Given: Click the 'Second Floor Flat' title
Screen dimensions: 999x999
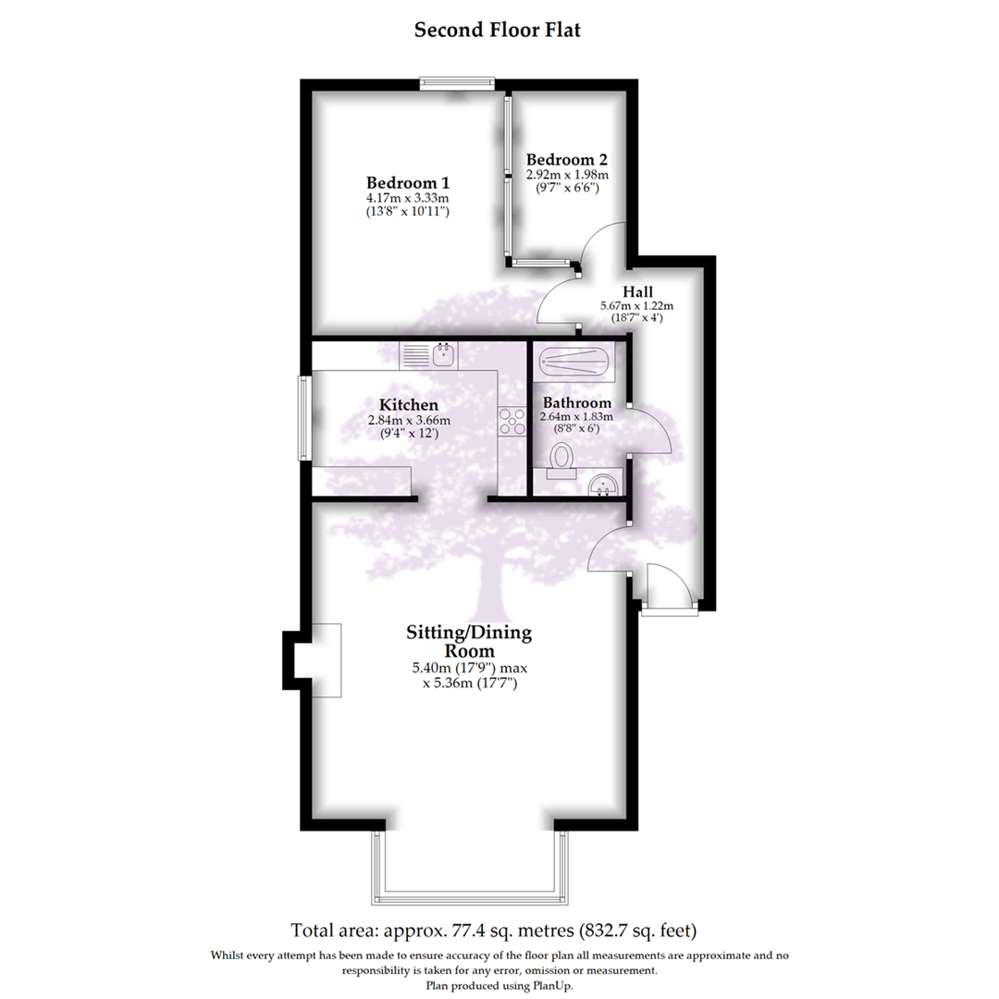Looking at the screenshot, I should (498, 30).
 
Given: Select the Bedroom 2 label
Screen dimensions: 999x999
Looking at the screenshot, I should (567, 158).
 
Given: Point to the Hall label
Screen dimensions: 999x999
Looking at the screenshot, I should (637, 291).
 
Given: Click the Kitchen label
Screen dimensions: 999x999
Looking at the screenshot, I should (409, 405).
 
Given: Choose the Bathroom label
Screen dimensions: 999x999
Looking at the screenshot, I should (576, 403).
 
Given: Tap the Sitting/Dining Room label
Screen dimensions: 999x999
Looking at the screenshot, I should (469, 641).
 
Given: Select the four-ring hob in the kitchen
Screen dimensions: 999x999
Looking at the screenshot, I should (512, 422).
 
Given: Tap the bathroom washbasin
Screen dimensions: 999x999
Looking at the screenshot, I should (602, 484).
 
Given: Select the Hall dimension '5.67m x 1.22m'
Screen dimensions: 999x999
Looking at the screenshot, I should (637, 306).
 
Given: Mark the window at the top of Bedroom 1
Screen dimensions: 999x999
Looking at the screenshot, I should (457, 84).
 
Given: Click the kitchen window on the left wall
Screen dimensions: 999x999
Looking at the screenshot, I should (303, 417).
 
